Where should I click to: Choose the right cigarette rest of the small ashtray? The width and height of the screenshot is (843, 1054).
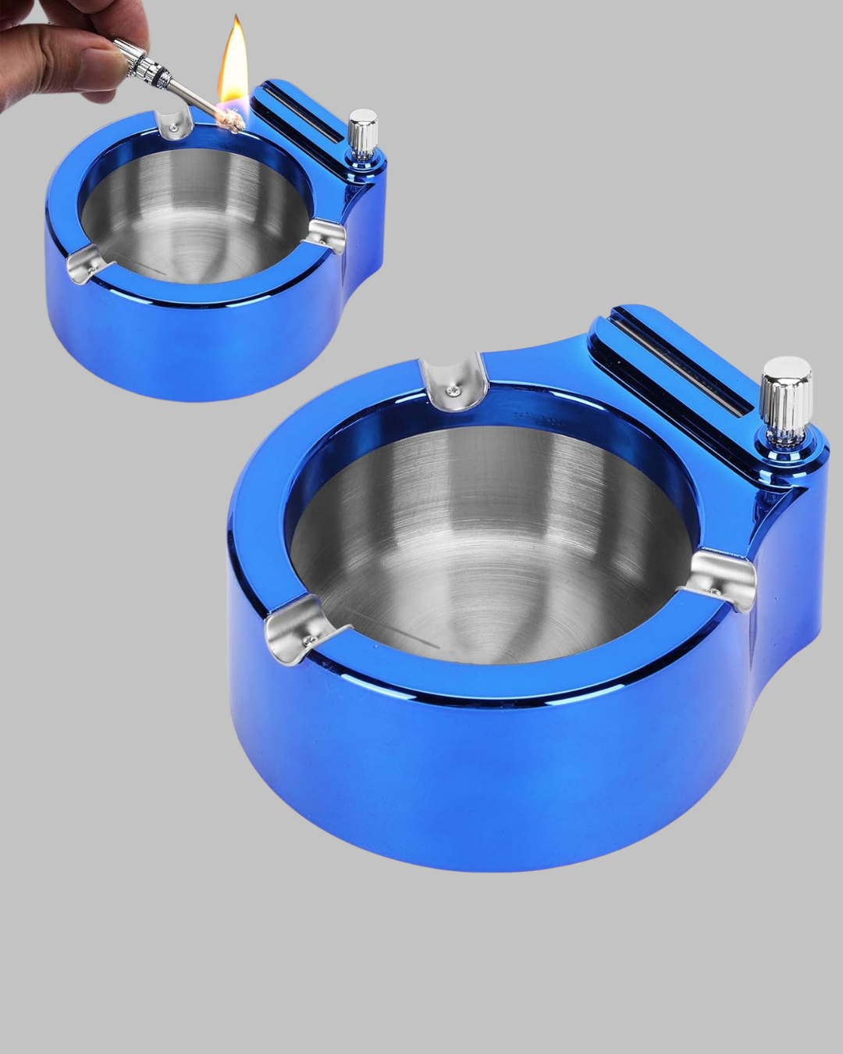coord(326,233)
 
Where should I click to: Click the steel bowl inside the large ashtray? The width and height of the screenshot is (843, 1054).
coord(492,547)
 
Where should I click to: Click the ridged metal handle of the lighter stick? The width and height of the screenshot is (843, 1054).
coord(144,62)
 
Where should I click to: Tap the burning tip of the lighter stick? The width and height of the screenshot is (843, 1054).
coord(229,119)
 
